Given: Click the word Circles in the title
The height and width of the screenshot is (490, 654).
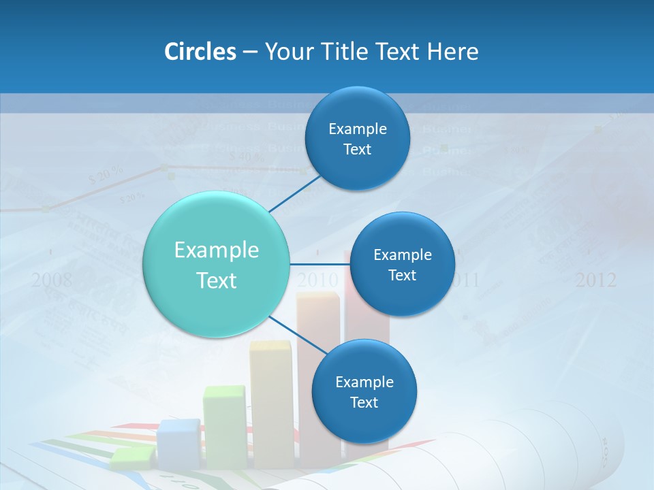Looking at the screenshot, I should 200,52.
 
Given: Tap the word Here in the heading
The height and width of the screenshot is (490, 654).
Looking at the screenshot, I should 452,52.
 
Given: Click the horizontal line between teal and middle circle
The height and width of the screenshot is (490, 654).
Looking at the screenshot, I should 320,263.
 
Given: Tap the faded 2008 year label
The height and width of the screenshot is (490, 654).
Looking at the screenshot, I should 52,280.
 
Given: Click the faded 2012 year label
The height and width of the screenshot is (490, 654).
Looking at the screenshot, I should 595,280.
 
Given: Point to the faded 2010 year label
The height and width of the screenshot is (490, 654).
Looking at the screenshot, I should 317,280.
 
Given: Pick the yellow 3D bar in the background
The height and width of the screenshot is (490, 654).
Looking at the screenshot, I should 270,402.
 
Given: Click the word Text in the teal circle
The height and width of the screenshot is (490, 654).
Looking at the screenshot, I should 217,280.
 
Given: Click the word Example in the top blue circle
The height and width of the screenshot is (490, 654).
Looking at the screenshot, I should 357,129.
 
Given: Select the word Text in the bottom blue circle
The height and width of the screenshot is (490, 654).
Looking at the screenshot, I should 364,402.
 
